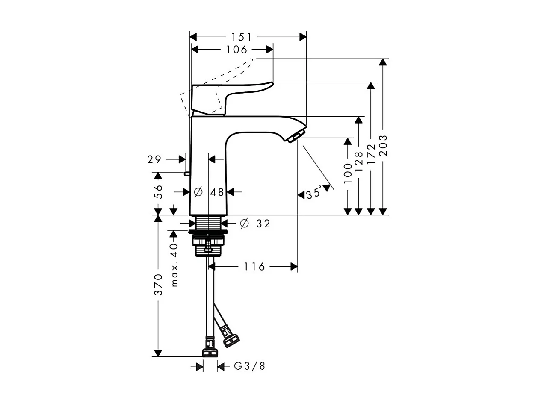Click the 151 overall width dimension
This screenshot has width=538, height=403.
242,37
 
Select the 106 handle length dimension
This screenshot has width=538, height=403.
237,50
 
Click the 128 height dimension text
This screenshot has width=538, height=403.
359,162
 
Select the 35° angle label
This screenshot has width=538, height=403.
313,194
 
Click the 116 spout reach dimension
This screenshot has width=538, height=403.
254,267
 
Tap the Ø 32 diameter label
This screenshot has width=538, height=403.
255,224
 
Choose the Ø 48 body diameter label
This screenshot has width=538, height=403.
209,192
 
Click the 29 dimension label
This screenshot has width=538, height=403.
154,160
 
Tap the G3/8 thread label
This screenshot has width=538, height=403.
250,366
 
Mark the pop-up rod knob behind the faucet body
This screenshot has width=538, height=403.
186,173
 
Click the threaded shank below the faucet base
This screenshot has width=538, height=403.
209,223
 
